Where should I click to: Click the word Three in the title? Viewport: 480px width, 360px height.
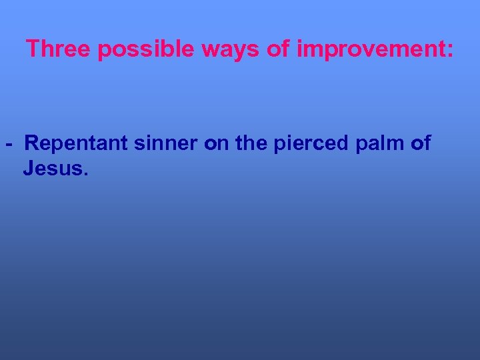59,49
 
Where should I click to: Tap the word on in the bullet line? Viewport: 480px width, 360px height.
216,143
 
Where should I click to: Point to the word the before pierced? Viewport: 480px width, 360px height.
251,143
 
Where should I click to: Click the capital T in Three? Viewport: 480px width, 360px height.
32,49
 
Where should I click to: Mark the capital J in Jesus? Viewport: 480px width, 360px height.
28,169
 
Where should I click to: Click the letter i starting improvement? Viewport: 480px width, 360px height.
299,49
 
